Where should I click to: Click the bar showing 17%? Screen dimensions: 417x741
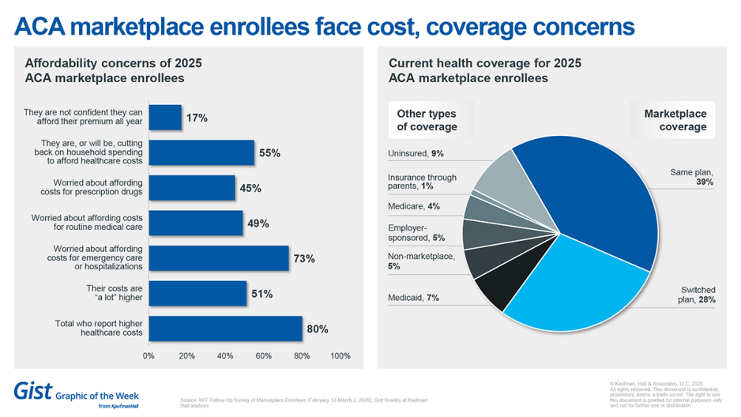pos(165,118)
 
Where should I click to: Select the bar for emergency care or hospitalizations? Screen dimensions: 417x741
pos(219,258)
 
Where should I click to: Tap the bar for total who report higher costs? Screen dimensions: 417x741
pos(225,329)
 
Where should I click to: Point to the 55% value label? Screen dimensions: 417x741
pos(269,153)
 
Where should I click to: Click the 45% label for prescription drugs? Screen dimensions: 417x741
pos(250,189)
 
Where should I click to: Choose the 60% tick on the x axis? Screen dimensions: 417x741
pos(264,355)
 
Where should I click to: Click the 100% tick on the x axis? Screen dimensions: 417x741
pos(340,355)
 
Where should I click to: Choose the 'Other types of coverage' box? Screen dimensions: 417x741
pos(427,120)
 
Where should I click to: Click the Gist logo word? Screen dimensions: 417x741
pos(34,390)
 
